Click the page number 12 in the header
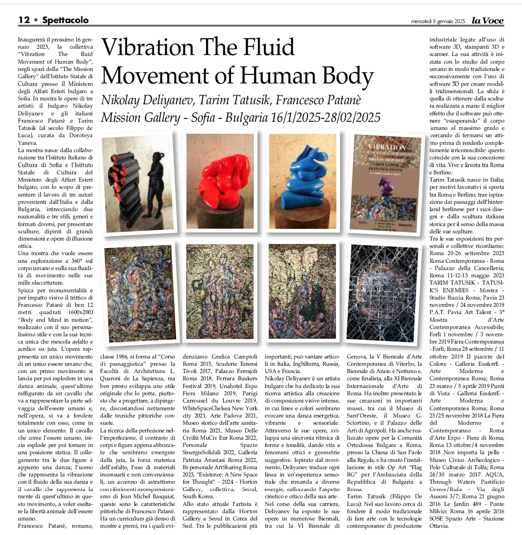[x=24, y=20]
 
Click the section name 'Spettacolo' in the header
[x=65, y=20]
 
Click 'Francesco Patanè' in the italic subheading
[x=318, y=100]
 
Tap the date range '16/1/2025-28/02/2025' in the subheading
[x=326, y=117]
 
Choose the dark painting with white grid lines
[x=382, y=293]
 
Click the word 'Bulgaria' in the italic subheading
[x=247, y=117]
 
